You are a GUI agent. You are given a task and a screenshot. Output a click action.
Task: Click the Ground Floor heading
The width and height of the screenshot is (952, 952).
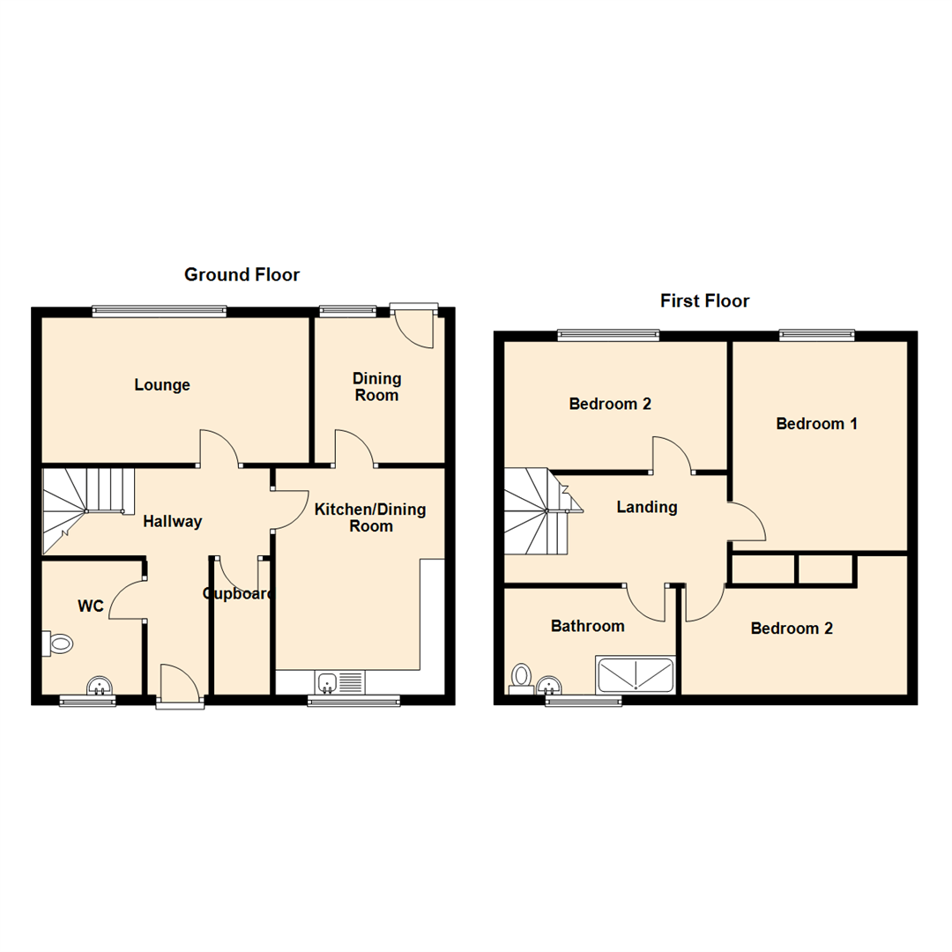pos(242,275)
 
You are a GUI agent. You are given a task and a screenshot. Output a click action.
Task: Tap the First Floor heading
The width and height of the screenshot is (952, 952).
pos(704,301)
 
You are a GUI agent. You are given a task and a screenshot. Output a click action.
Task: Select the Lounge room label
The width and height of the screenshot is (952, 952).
pos(162,385)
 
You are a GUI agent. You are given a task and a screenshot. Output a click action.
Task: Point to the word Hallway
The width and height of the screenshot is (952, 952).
pos(173,522)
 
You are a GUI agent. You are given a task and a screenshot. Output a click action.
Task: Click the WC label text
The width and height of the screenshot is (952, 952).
pos(91,606)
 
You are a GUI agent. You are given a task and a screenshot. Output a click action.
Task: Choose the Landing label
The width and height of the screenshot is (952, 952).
pos(646,507)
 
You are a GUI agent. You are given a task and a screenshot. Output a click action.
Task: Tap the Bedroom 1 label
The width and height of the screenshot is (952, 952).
pos(816,424)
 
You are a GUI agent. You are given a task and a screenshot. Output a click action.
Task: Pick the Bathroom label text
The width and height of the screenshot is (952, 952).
pos(587,626)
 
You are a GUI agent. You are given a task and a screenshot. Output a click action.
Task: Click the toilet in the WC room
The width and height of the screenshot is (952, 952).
pos(57,643)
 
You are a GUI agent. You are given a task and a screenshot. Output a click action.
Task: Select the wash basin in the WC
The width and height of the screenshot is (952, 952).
pos(100,685)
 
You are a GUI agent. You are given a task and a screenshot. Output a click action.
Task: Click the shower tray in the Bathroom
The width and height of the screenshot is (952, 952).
pos(636,675)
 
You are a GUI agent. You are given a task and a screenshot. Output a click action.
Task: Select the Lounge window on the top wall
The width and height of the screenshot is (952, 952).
pos(160,309)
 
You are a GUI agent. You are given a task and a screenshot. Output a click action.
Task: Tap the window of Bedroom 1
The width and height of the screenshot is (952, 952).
pos(816,334)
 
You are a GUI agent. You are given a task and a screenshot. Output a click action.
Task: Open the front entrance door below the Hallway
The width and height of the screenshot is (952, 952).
pos(181,687)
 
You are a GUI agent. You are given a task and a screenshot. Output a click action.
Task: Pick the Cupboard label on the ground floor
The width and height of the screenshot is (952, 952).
pos(238,594)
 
